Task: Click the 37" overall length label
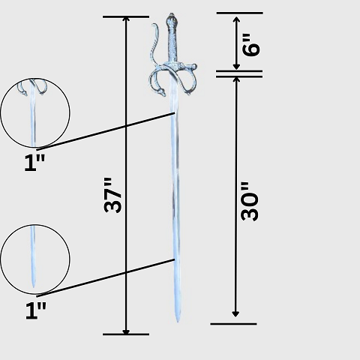112,195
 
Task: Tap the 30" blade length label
250,202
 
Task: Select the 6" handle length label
251,45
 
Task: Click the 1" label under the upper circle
34,163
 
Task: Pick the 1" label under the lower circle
36,310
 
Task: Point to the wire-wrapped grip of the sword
172,44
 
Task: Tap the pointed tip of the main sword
178,322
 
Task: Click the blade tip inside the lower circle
33,287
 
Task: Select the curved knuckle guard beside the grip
154,43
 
